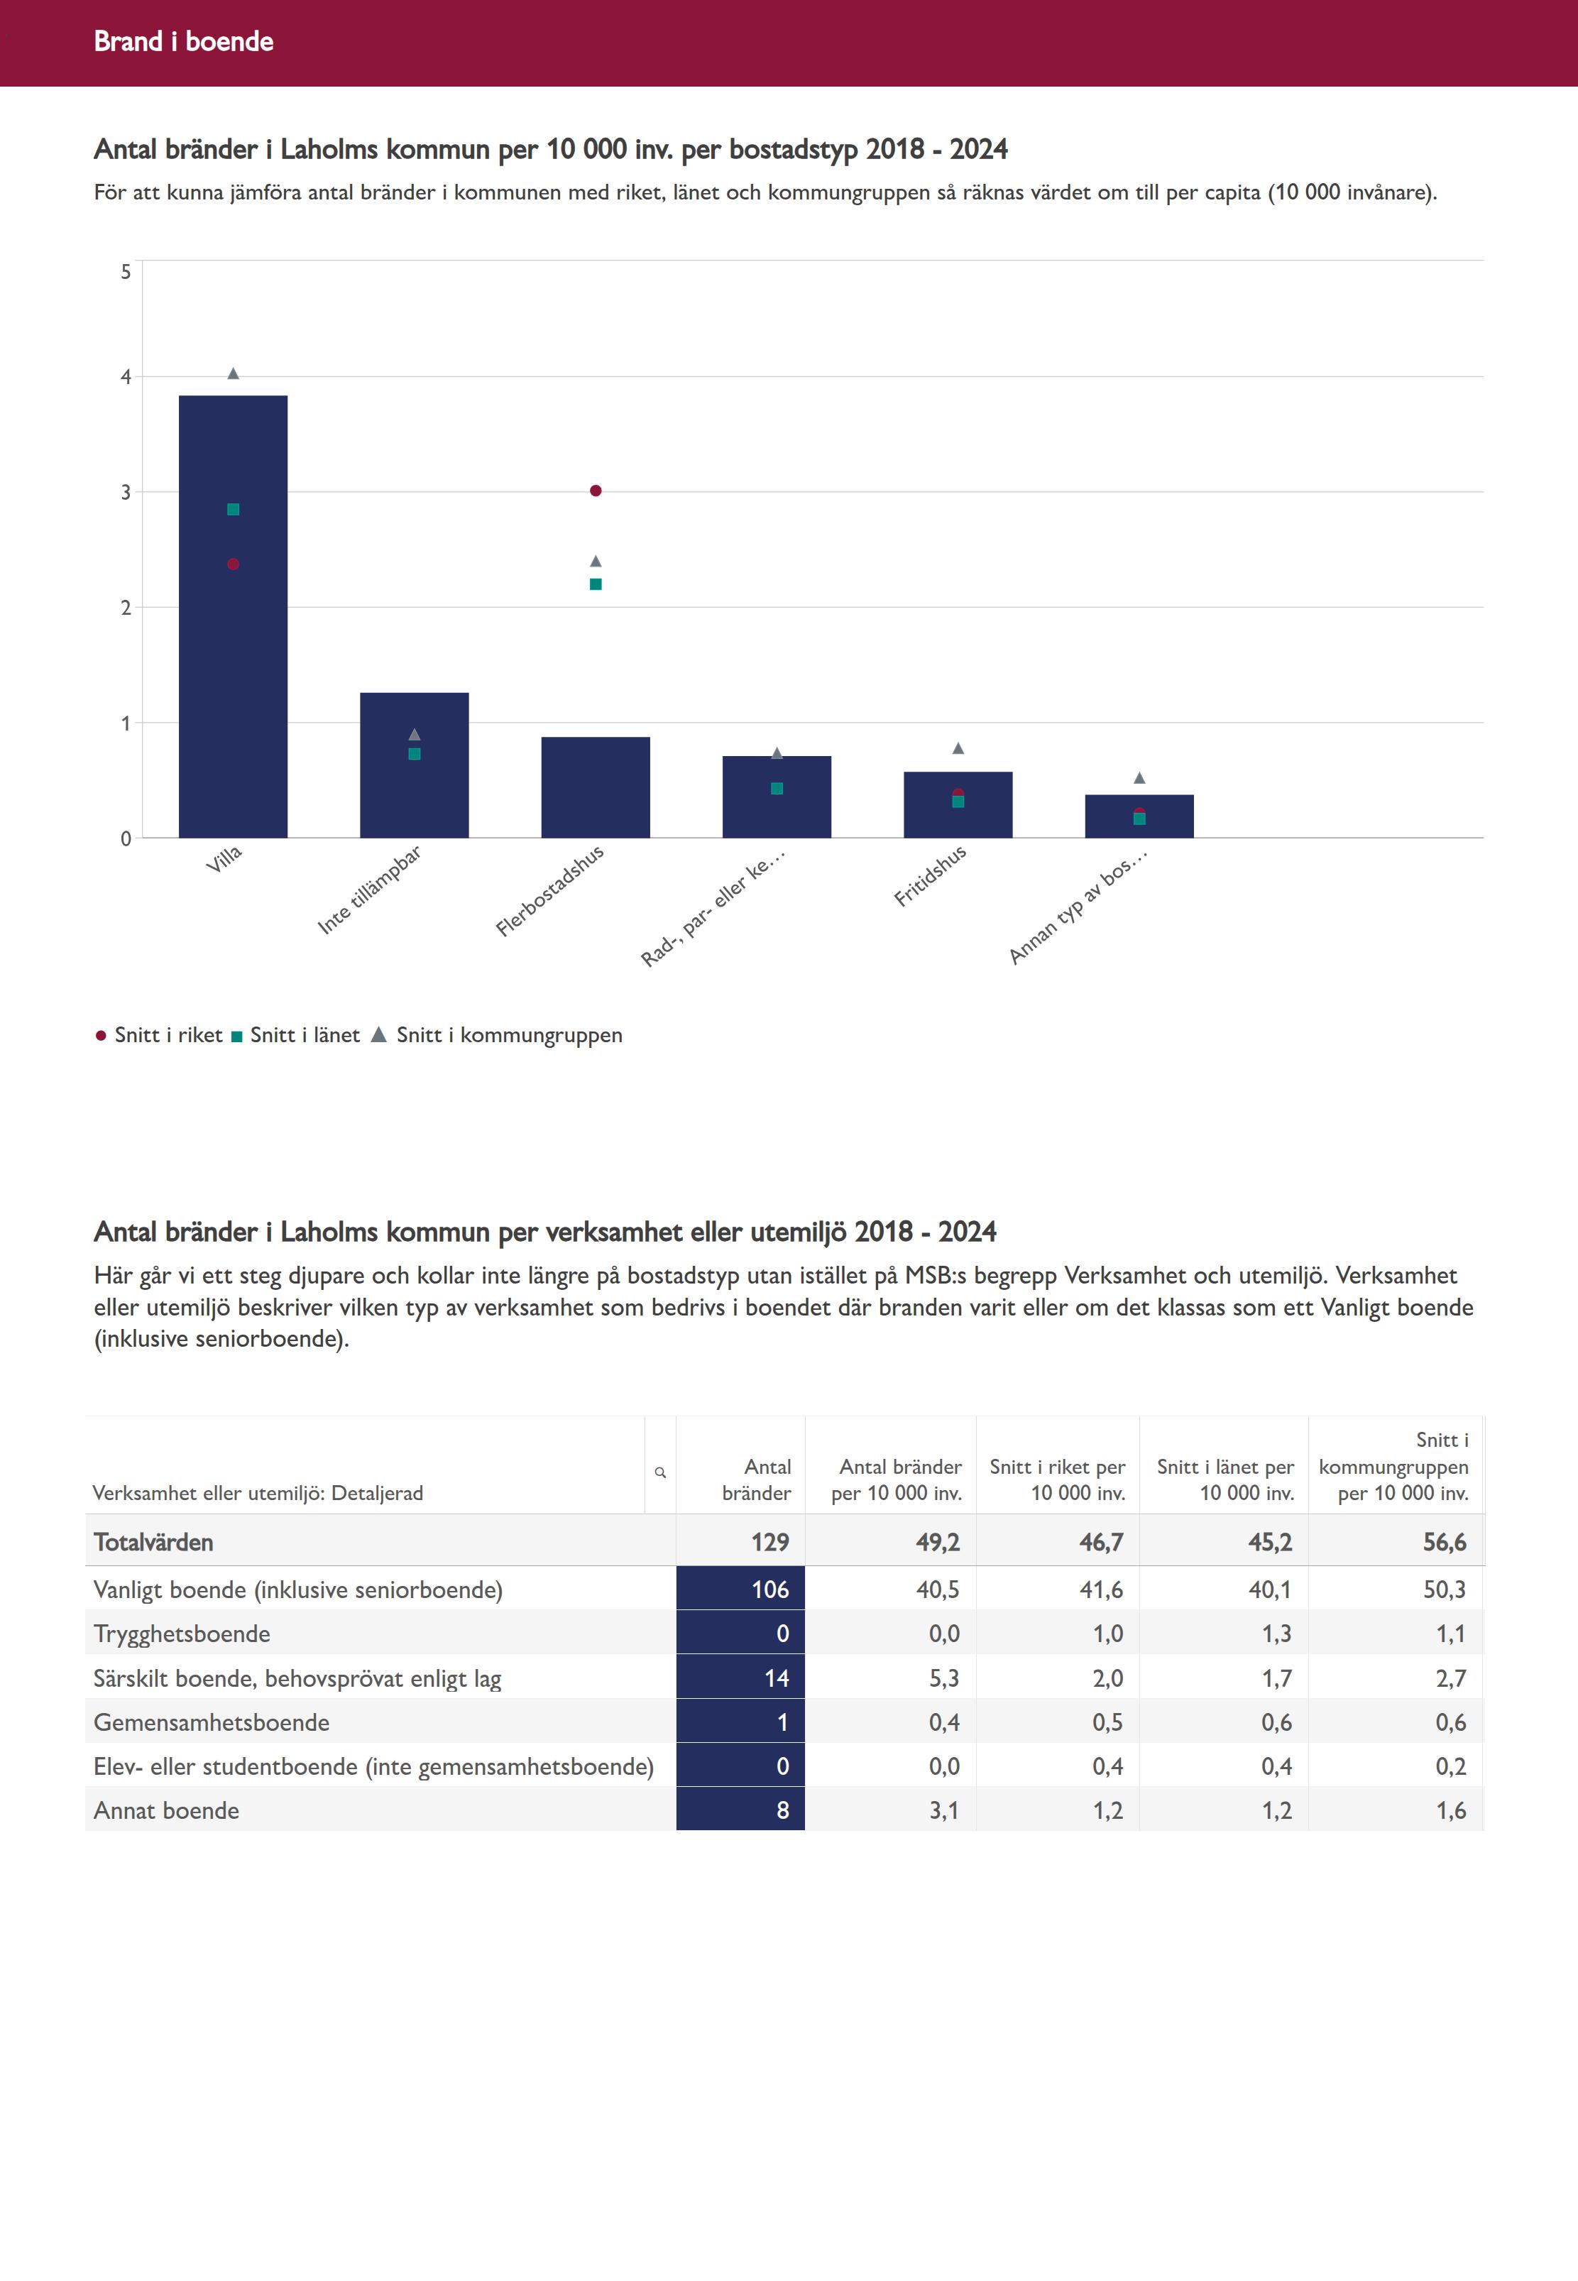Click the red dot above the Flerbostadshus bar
pos(595,491)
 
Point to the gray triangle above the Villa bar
pos(234,373)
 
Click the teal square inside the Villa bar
pos(234,509)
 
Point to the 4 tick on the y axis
pos(126,377)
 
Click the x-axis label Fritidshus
pos(931,876)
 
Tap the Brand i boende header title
pos(184,41)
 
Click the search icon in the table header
pos(660,1472)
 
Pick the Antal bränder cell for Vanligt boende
pos(740,1589)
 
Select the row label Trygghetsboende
pos(182,1634)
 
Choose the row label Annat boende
pos(166,1810)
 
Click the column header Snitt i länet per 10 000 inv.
pos(1225,1479)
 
